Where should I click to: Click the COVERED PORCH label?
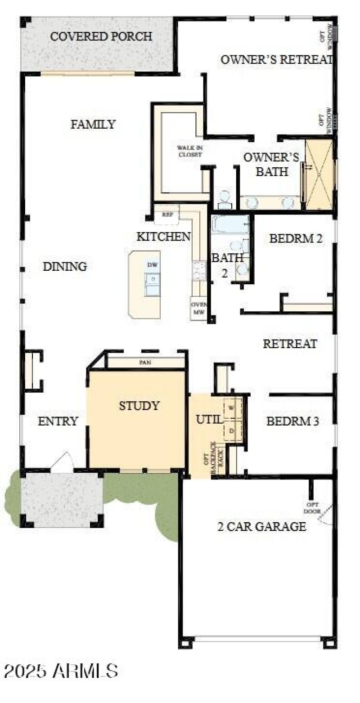coord(101,36)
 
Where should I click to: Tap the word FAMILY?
coord(93,124)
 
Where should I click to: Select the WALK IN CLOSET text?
coord(189,151)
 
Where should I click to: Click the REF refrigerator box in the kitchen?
coord(167,215)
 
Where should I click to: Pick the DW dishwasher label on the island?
coord(153,265)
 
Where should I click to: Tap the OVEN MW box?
coord(198,308)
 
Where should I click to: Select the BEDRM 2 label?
coord(296,238)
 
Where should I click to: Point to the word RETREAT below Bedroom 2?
coord(290,344)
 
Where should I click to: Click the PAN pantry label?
coord(145,362)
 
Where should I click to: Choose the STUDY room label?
coord(139,406)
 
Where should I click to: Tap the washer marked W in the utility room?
coord(232,407)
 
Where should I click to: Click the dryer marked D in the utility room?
coord(232,430)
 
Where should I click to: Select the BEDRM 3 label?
coord(292,421)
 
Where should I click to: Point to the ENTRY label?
coord(58,421)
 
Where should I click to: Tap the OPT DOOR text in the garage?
coord(313,508)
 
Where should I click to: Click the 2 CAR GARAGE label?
coord(261,526)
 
